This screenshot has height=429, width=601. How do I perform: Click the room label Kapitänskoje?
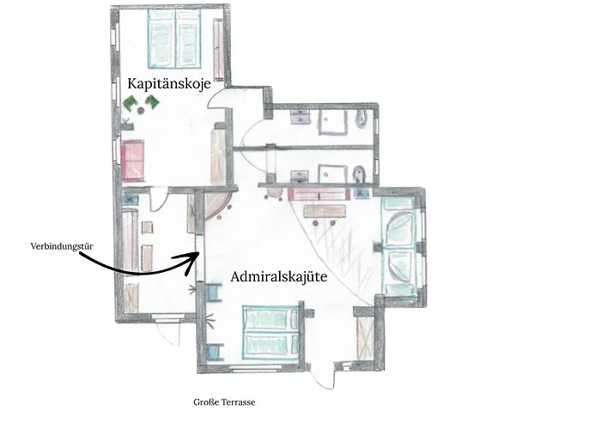[x=168, y=83]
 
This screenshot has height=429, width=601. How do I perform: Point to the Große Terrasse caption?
[x=225, y=402]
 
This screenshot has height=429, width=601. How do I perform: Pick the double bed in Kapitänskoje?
[x=177, y=39]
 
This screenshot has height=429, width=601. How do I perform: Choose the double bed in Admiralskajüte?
[x=270, y=332]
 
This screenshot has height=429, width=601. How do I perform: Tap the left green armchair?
[x=131, y=104]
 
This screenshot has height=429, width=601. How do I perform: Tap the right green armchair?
[x=152, y=103]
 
